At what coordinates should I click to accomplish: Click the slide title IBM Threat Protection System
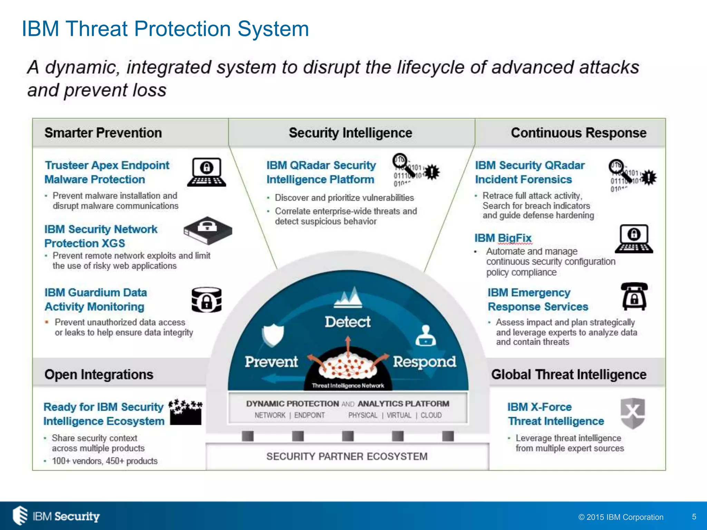tap(165, 29)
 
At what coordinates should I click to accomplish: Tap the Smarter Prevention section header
tap(103, 133)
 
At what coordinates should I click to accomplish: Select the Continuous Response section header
tap(578, 133)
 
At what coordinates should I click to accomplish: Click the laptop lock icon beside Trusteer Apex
tap(206, 172)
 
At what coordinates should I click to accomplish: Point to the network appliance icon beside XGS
tap(208, 230)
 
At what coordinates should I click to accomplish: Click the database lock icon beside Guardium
tap(206, 300)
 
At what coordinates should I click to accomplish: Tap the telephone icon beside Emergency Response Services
tap(634, 296)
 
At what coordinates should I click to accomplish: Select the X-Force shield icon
tap(632, 413)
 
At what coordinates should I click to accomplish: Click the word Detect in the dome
tap(347, 322)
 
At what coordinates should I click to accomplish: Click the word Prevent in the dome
tap(271, 362)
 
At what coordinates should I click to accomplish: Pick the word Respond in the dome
tap(424, 362)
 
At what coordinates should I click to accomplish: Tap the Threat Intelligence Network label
tap(348, 386)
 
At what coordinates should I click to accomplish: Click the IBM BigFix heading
tap(503, 238)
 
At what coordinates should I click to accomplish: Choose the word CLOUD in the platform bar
tap(431, 415)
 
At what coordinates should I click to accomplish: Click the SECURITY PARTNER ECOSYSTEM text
tap(347, 457)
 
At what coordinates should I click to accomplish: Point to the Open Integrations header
tap(99, 374)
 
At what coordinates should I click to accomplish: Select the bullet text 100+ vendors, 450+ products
tap(105, 461)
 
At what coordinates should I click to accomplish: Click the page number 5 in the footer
tap(694, 517)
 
